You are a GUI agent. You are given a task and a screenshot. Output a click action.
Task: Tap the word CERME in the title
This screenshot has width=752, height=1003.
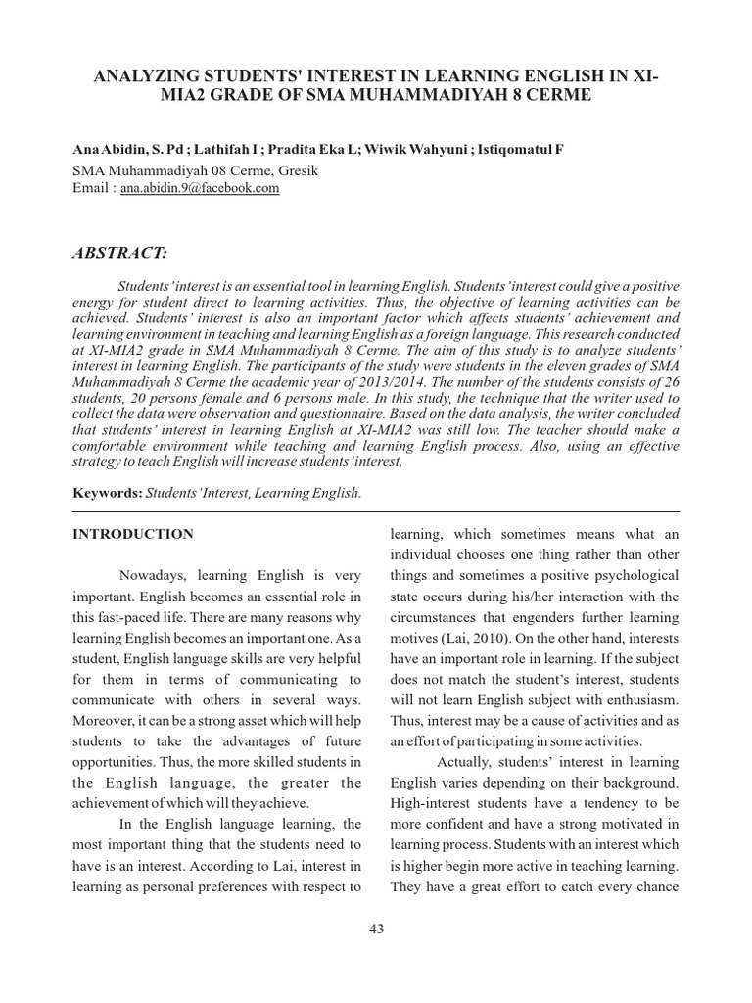click(559, 96)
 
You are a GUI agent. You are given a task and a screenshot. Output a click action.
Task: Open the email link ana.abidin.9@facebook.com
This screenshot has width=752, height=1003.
click(200, 188)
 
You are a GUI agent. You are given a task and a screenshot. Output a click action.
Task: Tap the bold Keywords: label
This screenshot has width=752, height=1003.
click(108, 492)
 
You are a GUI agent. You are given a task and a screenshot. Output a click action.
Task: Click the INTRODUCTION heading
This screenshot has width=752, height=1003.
click(133, 535)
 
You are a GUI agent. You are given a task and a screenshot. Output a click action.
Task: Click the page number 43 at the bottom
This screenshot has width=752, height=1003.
click(376, 930)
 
